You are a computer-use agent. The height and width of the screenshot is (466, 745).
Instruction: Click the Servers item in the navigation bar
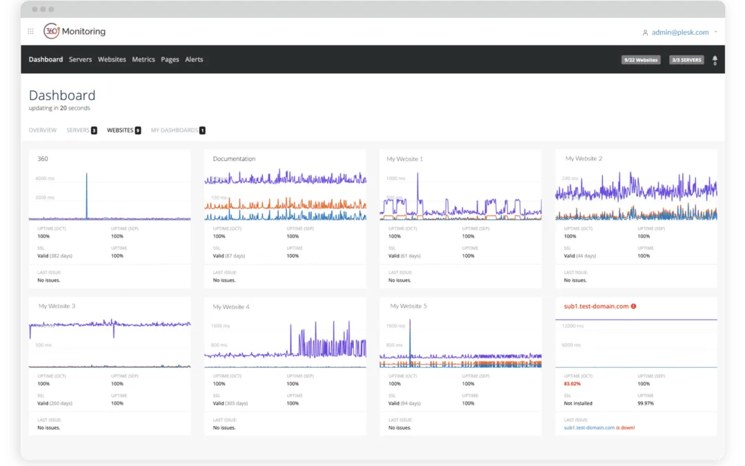point(80,59)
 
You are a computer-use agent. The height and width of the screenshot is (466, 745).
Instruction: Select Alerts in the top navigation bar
point(194,59)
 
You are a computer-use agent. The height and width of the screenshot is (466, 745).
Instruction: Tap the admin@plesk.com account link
point(679,32)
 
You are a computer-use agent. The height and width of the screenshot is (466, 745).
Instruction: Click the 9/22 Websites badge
point(641,60)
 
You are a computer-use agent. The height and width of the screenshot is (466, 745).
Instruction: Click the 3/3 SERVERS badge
point(686,60)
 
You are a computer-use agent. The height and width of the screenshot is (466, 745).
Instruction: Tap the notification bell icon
point(715,59)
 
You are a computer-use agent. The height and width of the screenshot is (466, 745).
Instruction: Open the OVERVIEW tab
point(43,130)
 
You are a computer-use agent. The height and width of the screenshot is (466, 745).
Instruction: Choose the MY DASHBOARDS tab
point(175,130)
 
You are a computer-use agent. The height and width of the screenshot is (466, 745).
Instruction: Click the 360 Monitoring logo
point(74,31)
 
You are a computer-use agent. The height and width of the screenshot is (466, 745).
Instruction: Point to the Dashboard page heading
point(62,95)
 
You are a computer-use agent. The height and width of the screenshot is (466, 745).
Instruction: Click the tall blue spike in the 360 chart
point(86,195)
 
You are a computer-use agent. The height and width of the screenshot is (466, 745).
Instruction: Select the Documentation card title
point(234,159)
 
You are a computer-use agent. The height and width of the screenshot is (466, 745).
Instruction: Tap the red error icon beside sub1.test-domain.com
point(633,306)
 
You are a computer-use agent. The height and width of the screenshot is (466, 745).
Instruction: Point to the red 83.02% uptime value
point(573,384)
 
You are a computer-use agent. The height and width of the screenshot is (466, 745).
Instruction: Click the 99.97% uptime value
point(645,403)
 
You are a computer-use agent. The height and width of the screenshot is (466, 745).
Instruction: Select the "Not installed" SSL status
point(578,403)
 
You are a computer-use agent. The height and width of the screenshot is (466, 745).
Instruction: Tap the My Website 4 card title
point(231,307)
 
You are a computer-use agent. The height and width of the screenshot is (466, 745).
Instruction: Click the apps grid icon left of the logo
point(30,31)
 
